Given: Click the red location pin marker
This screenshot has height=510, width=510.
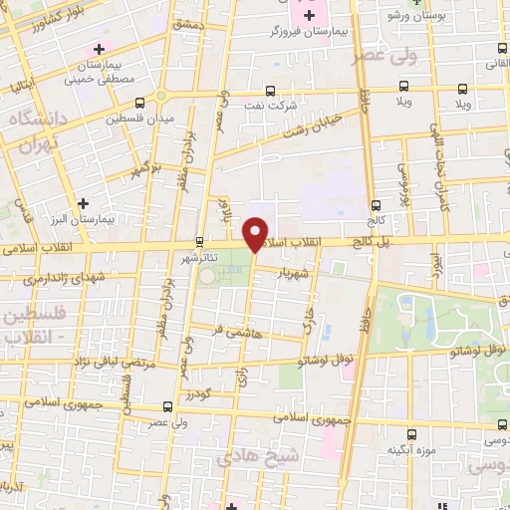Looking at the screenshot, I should (256, 234).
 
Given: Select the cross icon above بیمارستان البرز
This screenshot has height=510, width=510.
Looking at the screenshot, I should (97, 203).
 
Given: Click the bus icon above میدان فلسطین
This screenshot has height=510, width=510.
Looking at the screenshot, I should (138, 102).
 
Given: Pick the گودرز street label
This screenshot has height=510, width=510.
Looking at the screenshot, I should (199, 394).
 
